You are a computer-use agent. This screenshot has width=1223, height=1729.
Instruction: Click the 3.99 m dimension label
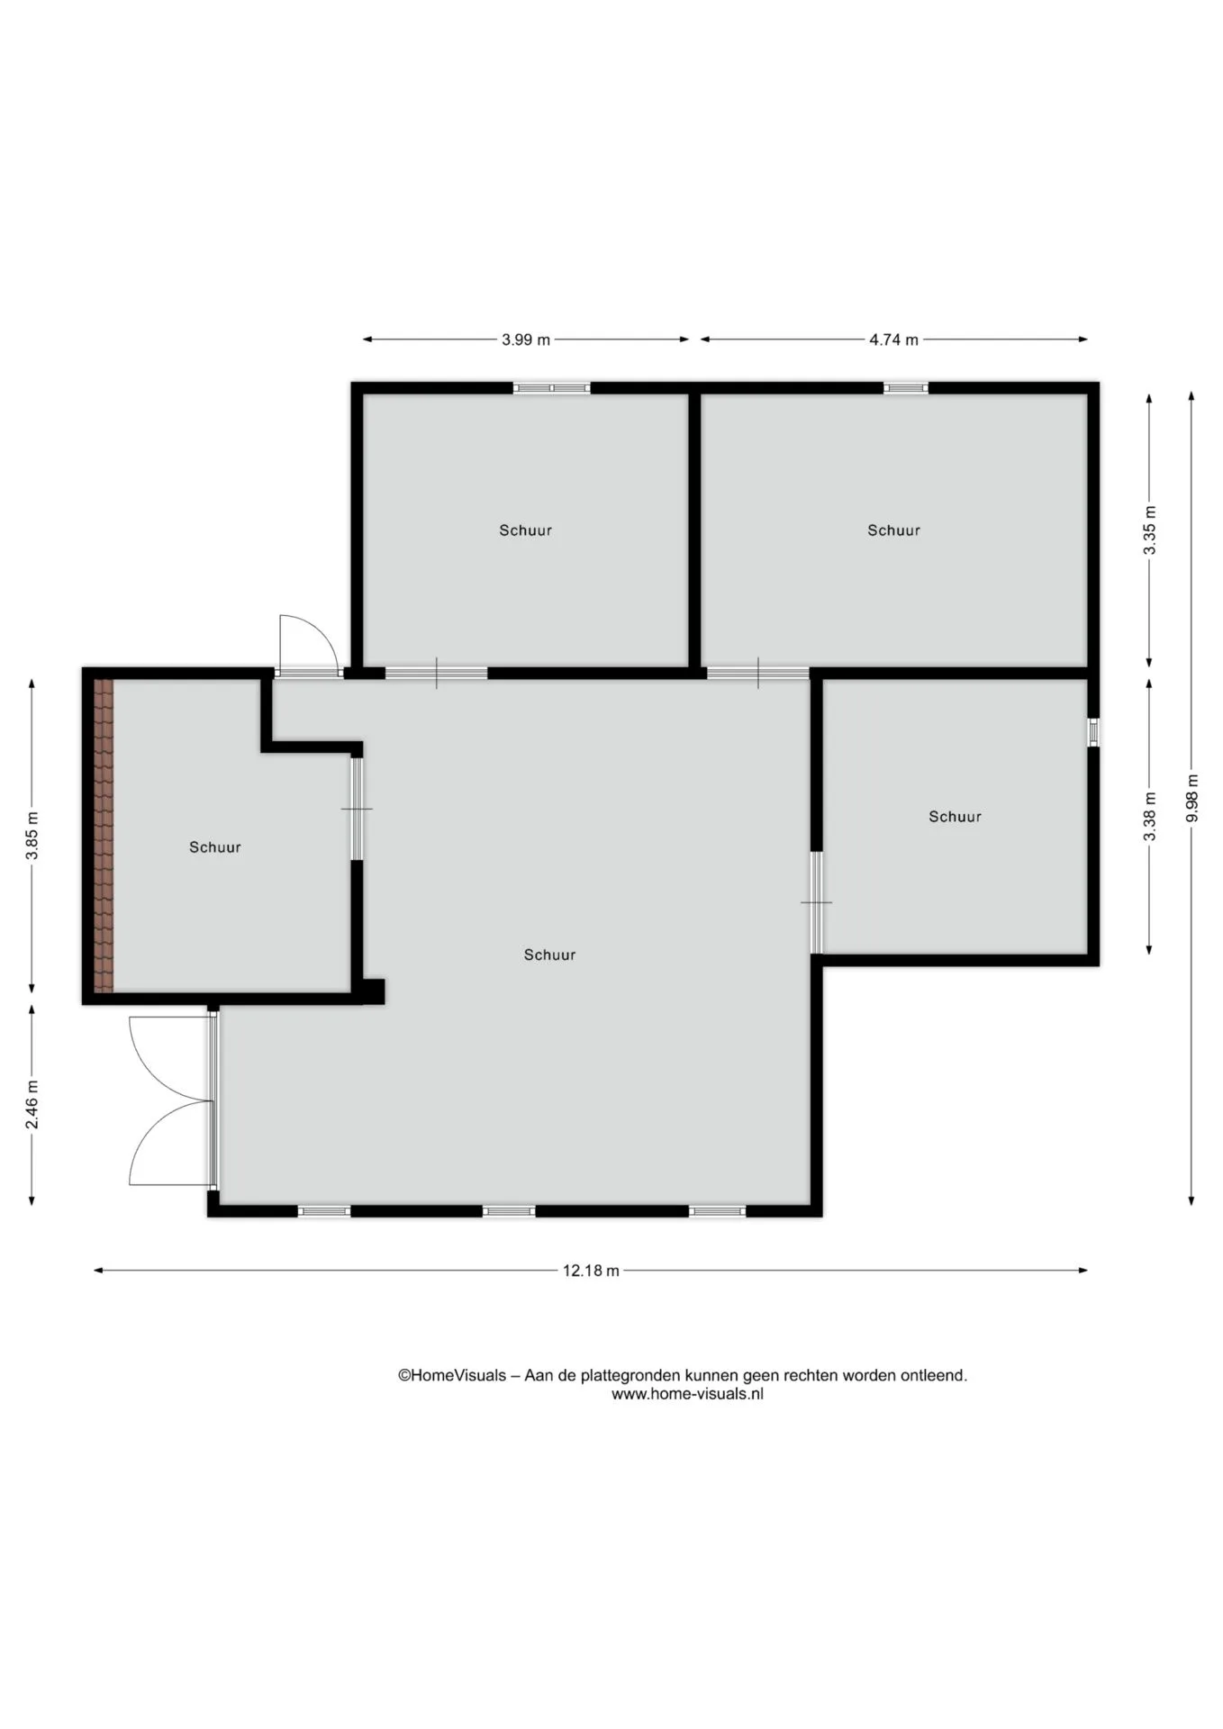(x=526, y=339)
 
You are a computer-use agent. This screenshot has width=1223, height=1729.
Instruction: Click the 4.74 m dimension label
(x=893, y=339)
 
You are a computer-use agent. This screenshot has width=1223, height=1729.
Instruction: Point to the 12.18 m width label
(x=591, y=1271)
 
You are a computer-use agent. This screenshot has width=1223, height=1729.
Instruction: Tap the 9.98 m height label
(x=1191, y=798)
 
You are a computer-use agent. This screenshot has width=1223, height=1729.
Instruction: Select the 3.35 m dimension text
(x=1149, y=531)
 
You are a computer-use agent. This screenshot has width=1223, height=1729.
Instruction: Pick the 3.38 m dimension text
(x=1149, y=817)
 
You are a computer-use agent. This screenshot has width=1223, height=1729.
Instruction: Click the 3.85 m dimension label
(x=32, y=836)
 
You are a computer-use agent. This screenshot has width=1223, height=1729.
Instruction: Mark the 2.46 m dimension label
(x=32, y=1104)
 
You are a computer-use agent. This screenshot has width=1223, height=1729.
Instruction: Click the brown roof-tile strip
(x=104, y=836)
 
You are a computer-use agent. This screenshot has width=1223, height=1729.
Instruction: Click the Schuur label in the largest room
(x=549, y=955)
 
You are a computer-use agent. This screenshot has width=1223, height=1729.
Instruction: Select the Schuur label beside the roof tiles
(x=215, y=847)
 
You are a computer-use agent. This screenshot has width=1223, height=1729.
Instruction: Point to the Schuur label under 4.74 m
(x=893, y=530)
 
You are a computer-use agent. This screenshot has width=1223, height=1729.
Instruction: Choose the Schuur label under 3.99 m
(x=526, y=530)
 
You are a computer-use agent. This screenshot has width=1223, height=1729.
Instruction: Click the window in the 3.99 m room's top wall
(x=552, y=388)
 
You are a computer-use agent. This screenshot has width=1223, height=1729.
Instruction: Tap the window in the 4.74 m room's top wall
(x=905, y=388)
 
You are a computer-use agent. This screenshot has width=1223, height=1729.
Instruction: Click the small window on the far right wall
(x=1093, y=732)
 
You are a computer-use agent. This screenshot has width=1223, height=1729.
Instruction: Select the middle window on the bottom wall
(x=509, y=1211)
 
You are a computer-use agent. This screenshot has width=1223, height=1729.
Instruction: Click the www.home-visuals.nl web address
(x=687, y=1394)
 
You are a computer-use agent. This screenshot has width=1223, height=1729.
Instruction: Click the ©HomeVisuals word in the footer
(x=452, y=1375)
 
